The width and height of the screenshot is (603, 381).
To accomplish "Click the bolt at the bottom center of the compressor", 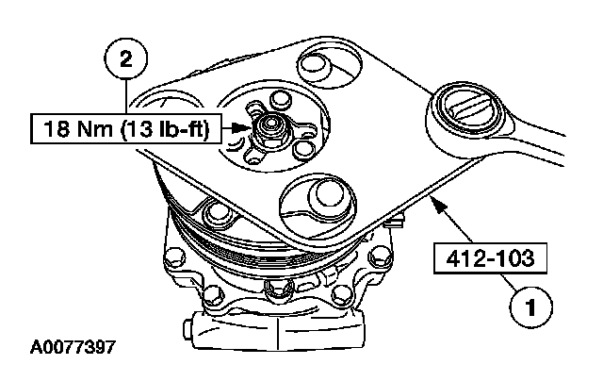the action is (x=274, y=289).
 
